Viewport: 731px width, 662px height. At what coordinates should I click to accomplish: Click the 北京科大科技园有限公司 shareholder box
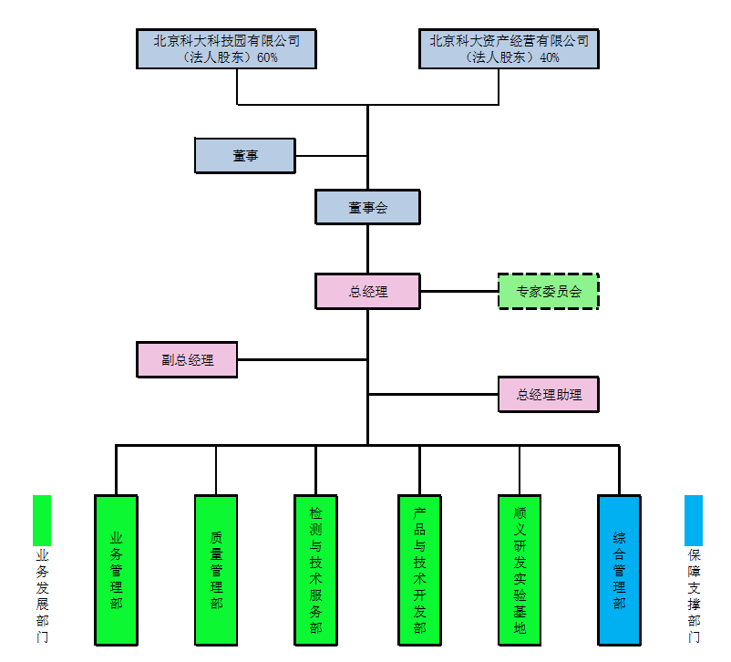pos(226,49)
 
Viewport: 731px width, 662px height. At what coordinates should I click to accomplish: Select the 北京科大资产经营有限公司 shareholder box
pos(509,49)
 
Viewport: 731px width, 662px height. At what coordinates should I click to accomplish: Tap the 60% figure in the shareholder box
pos(267,57)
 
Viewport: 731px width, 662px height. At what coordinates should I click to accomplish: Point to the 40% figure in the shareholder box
pos(549,57)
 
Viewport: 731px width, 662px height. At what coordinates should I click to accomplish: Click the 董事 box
pos(245,156)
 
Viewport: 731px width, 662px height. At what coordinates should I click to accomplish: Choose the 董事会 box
pos(367,208)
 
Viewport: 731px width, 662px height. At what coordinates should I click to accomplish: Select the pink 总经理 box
pos(367,292)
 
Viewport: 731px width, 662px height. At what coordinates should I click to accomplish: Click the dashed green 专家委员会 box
pos(549,292)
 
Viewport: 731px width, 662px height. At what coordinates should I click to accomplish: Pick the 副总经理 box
pos(187,359)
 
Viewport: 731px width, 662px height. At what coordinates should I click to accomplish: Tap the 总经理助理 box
pos(549,395)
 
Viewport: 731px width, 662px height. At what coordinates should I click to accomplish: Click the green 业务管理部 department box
pos(116,570)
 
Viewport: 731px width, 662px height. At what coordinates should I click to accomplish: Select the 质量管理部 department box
pos(216,570)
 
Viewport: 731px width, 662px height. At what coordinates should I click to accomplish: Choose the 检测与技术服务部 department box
pos(315,570)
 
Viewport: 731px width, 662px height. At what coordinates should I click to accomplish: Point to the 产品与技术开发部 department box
pos(419,570)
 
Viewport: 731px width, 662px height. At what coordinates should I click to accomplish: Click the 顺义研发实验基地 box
pos(520,570)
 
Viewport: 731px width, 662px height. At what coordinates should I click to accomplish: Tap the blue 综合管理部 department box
pos(619,570)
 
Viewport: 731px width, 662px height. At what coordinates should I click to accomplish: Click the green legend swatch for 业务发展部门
pos(42,520)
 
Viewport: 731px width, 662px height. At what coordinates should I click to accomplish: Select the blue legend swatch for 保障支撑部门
pos(694,520)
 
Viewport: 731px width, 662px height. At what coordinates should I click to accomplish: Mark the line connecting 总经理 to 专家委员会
pos(459,292)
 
